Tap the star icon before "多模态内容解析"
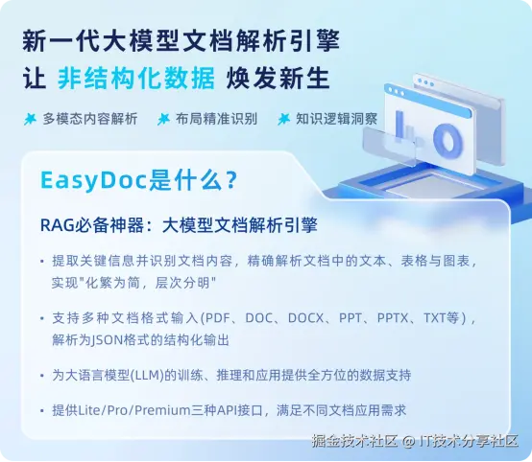pyautogui.click(x=31, y=120)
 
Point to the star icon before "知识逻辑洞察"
pyautogui.click(x=283, y=120)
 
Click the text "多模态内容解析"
pyautogui.click(x=90, y=120)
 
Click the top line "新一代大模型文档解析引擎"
pyautogui.click(x=181, y=41)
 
